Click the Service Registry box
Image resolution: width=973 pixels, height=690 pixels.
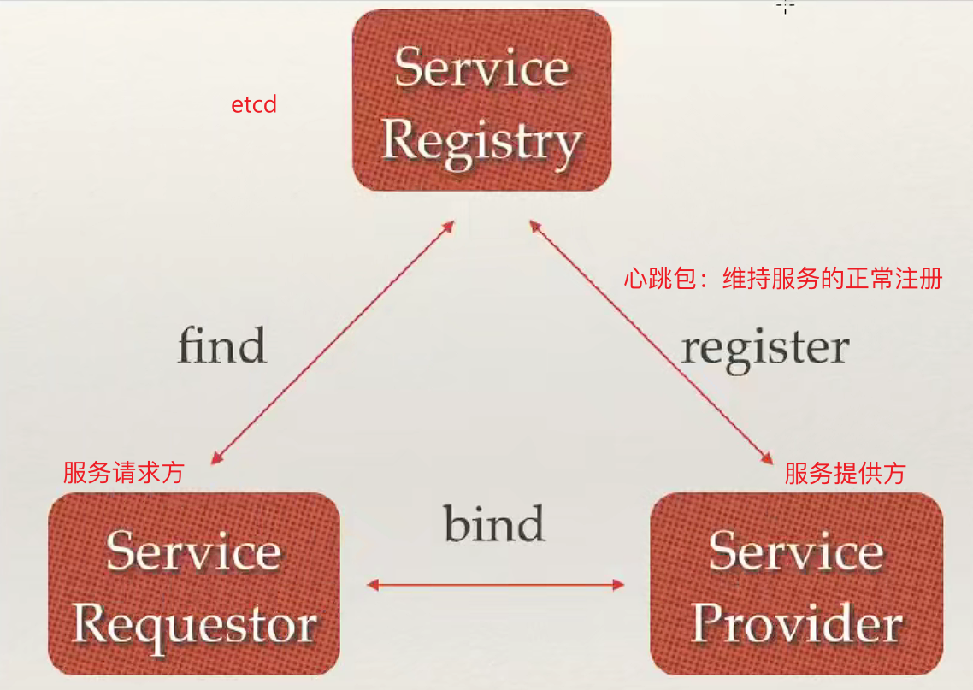click(x=481, y=100)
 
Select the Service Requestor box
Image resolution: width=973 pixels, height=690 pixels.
click(x=194, y=583)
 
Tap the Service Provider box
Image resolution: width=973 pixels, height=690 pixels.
click(x=796, y=583)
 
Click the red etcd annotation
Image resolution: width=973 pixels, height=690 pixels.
click(x=254, y=106)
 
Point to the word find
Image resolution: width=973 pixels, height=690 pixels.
click(x=221, y=346)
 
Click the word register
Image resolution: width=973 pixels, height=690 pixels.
click(x=765, y=348)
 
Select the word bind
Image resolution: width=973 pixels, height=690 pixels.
click(x=494, y=523)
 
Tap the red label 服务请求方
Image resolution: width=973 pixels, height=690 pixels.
click(x=123, y=473)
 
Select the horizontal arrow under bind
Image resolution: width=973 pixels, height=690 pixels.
click(x=496, y=586)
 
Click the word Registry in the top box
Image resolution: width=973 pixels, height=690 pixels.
click(x=481, y=140)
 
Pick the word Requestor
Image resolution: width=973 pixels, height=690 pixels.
click(x=194, y=626)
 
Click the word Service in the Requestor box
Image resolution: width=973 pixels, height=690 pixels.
click(x=194, y=552)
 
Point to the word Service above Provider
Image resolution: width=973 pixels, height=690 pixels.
click(x=796, y=552)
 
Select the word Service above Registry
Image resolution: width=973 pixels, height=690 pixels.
click(x=481, y=67)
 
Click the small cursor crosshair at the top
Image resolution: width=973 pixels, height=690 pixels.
click(x=785, y=6)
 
